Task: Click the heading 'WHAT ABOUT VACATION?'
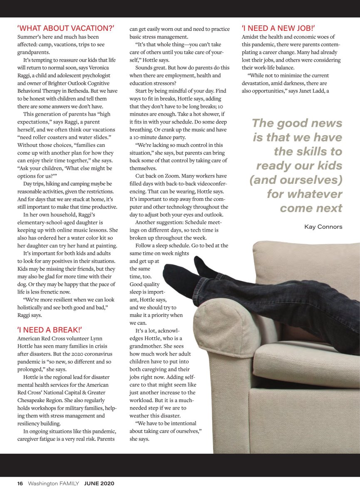pyautogui.click(x=66, y=29)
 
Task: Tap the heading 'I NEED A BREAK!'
pyautogui.click(x=50, y=330)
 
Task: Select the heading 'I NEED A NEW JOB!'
pyautogui.click(x=278, y=29)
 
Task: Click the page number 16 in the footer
pyautogui.click(x=20, y=483)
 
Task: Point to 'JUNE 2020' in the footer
pyautogui.click(x=99, y=483)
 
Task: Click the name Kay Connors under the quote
pyautogui.click(x=323, y=227)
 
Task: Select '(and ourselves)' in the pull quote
pyautogui.click(x=296, y=180)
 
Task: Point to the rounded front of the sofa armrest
pyautogui.click(x=221, y=329)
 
